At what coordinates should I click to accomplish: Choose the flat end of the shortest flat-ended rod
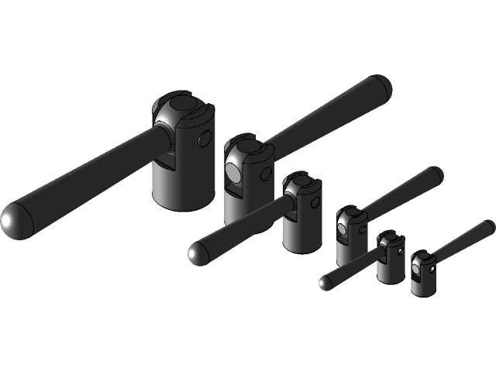click(x=489, y=226)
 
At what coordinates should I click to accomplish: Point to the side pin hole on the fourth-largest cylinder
click(x=362, y=229)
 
